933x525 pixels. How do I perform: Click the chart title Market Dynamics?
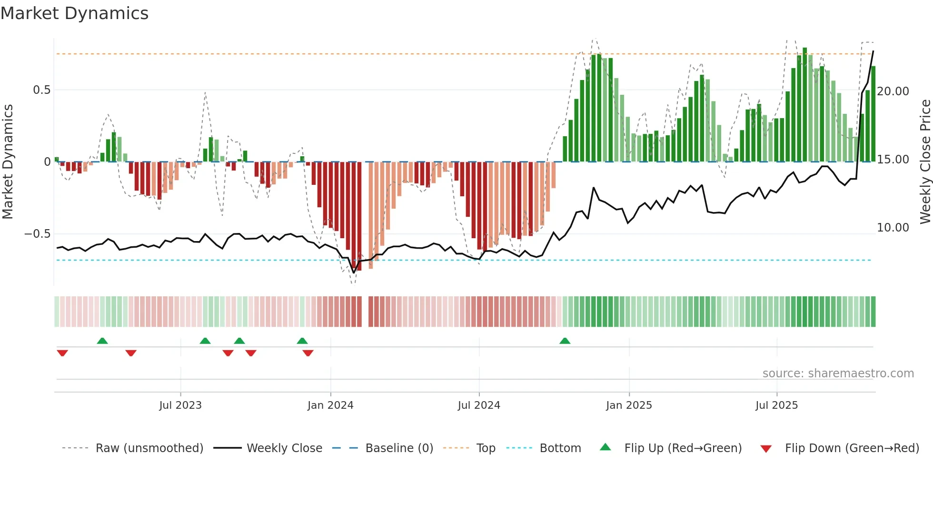74,13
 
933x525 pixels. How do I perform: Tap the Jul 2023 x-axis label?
180,405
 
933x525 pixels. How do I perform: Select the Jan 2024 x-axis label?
330,405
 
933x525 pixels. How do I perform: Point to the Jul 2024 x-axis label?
479,405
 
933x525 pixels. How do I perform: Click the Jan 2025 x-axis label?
629,405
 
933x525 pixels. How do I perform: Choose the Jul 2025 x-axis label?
776,405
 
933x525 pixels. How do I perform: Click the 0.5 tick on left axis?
42,90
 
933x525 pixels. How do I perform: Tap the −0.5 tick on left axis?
38,234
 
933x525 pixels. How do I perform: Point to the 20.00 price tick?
893,91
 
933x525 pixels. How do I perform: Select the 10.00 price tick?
893,228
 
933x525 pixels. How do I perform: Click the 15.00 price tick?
893,160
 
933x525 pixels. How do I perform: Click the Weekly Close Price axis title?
925,162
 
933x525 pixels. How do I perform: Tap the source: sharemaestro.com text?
838,374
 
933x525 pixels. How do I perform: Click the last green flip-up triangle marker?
565,341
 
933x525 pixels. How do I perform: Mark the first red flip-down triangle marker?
62,353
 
